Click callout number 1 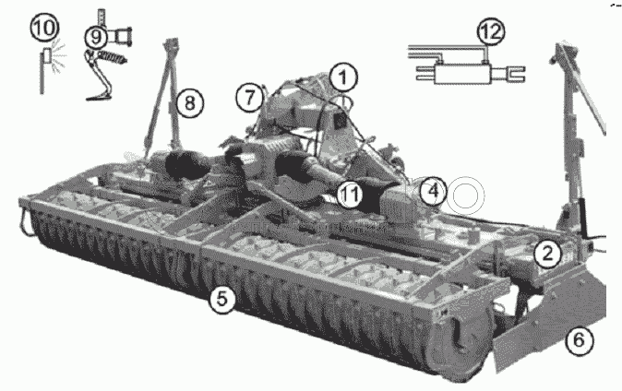click(x=343, y=77)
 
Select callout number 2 click(x=547, y=253)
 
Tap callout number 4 click(x=434, y=191)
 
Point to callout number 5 click(x=222, y=299)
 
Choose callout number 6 click(x=580, y=340)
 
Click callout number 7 click(x=249, y=97)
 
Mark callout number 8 click(x=189, y=103)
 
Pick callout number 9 click(x=96, y=37)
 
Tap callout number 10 click(x=45, y=28)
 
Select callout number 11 click(x=350, y=195)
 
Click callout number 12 click(x=491, y=31)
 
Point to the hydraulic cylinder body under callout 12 click(x=462, y=74)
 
